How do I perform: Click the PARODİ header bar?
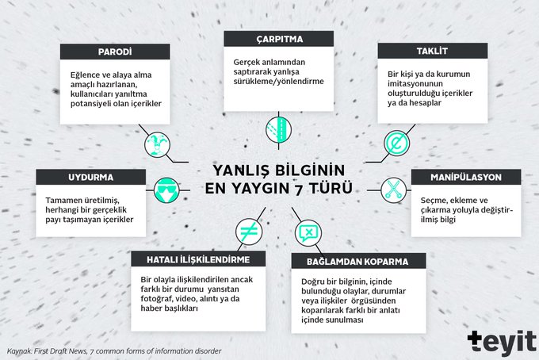click(x=115, y=52)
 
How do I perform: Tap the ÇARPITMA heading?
click(x=279, y=39)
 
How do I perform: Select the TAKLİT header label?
click(x=433, y=51)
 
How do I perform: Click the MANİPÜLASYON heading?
click(x=466, y=177)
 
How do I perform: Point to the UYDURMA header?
click(x=90, y=177)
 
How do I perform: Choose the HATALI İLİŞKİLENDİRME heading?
click(x=198, y=259)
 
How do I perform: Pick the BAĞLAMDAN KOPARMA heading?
click(x=357, y=262)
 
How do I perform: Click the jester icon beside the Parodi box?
click(x=158, y=145)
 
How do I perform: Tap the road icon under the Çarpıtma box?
click(x=279, y=130)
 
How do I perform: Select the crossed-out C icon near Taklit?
click(x=396, y=143)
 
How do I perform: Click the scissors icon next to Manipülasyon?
click(x=394, y=190)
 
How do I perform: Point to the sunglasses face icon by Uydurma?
click(x=166, y=190)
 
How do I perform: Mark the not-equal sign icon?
click(x=249, y=232)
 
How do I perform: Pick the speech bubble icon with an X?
click(x=308, y=233)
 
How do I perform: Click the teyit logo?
click(x=502, y=343)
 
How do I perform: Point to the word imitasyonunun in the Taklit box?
click(x=415, y=83)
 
